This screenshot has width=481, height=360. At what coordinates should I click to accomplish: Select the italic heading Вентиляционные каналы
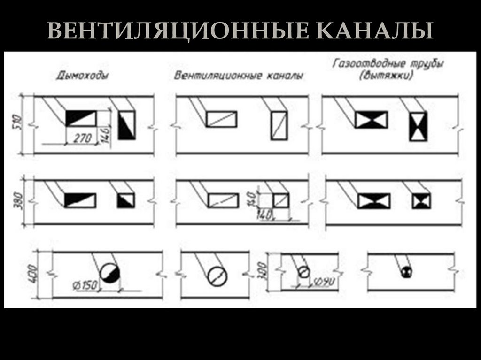click(x=238, y=75)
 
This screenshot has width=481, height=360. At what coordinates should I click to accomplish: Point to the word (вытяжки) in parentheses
click(x=386, y=75)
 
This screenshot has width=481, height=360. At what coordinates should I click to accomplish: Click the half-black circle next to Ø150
click(x=110, y=272)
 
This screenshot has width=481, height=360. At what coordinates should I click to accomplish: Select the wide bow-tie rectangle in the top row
click(x=371, y=120)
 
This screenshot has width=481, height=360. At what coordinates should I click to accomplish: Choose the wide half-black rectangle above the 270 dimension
click(x=80, y=118)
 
